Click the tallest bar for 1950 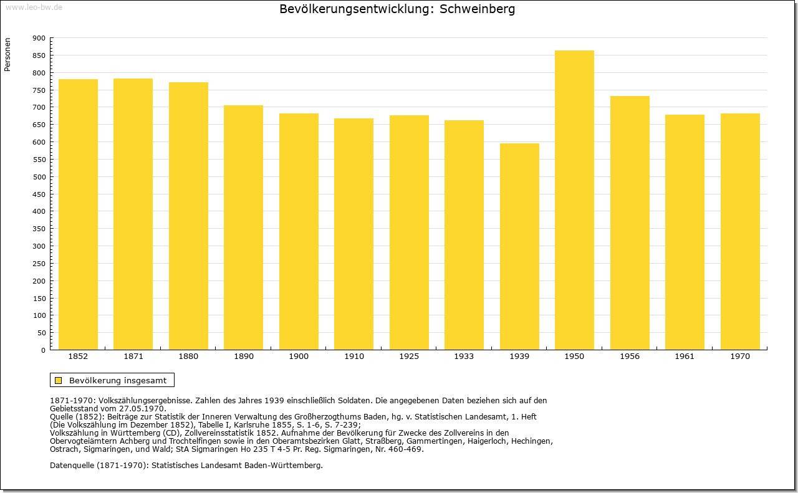coord(574,199)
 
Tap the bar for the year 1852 coord(78,214)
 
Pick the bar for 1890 coord(243,227)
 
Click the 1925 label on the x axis coord(409,357)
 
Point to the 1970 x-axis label coord(740,357)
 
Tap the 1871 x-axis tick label coord(133,357)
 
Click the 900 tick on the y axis coord(39,38)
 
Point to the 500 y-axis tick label coord(39,177)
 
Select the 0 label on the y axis coord(44,350)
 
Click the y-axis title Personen coord(7,55)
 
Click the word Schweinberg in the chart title coord(478,9)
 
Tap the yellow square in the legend coord(59,380)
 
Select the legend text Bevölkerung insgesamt coord(118,380)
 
